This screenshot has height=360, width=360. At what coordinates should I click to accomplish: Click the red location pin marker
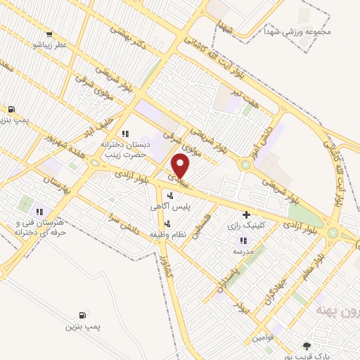tap(181, 166)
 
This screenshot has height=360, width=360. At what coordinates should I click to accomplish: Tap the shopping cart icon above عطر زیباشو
tap(48, 34)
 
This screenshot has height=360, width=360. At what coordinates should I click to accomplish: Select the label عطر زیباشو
tap(46, 45)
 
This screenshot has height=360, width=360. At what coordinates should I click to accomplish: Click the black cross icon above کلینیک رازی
tap(245, 214)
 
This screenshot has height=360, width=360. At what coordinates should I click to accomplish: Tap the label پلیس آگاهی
tap(172, 207)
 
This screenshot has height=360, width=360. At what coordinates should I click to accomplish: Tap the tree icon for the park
tap(306, 346)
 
